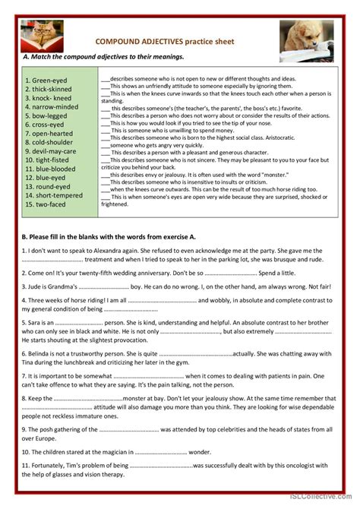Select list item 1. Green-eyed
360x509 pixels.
pyautogui.click(x=46, y=79)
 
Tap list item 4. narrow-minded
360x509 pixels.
pyautogui.click(x=51, y=107)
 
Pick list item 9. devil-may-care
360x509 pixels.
pyautogui.click(x=51, y=151)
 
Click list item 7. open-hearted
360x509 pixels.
pyautogui.click(x=50, y=133)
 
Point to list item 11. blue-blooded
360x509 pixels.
pyautogui.click(x=52, y=169)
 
